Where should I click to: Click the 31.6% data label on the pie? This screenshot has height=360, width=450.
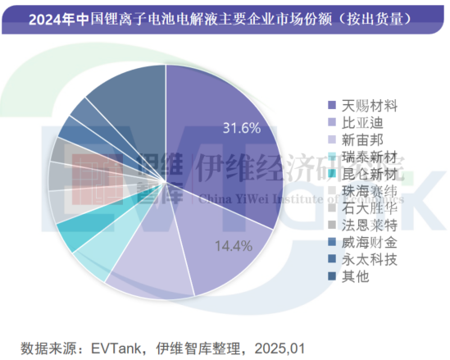pos(241,128)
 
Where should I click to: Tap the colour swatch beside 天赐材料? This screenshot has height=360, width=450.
pos(331,105)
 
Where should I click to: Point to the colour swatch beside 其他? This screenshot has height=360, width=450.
pos(331,277)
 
